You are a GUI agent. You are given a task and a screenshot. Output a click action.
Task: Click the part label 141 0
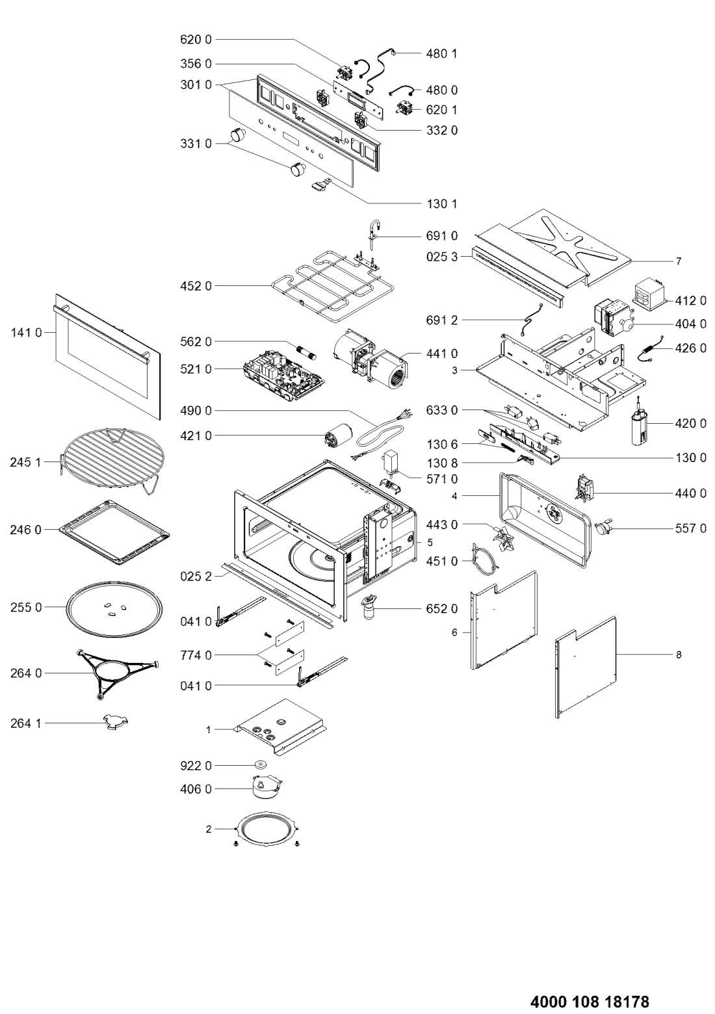coord(26,333)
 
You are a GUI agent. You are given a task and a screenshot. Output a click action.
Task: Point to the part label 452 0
coord(196,286)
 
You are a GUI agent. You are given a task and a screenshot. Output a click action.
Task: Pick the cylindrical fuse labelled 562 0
coord(307,351)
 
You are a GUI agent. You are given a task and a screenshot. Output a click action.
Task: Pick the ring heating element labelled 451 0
coord(484,560)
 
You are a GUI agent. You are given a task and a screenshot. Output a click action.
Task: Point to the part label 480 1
coord(441,54)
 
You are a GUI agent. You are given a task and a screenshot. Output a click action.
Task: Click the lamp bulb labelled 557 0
coord(604,527)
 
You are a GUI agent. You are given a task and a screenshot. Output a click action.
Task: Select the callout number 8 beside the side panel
coord(678,655)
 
